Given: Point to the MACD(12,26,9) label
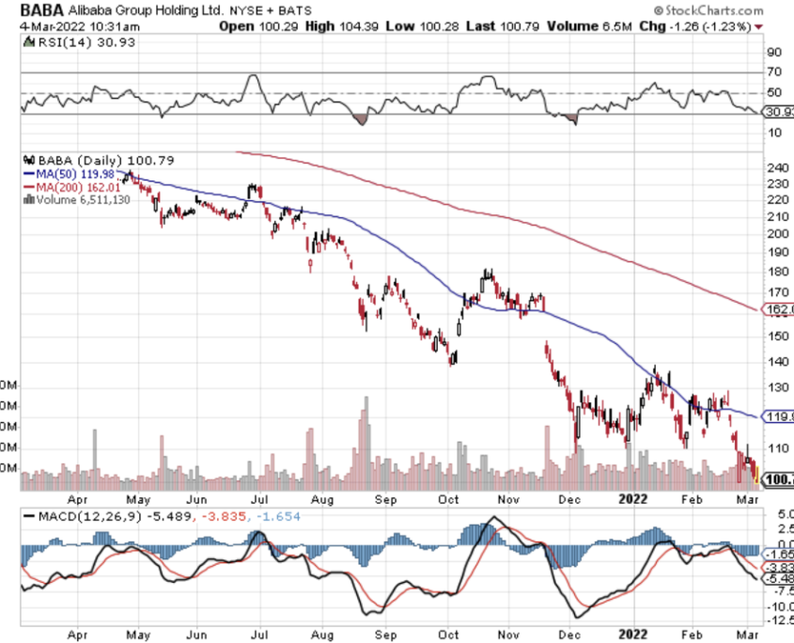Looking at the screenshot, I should coord(83,518).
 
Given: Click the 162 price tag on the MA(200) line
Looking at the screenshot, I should coord(782,308).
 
